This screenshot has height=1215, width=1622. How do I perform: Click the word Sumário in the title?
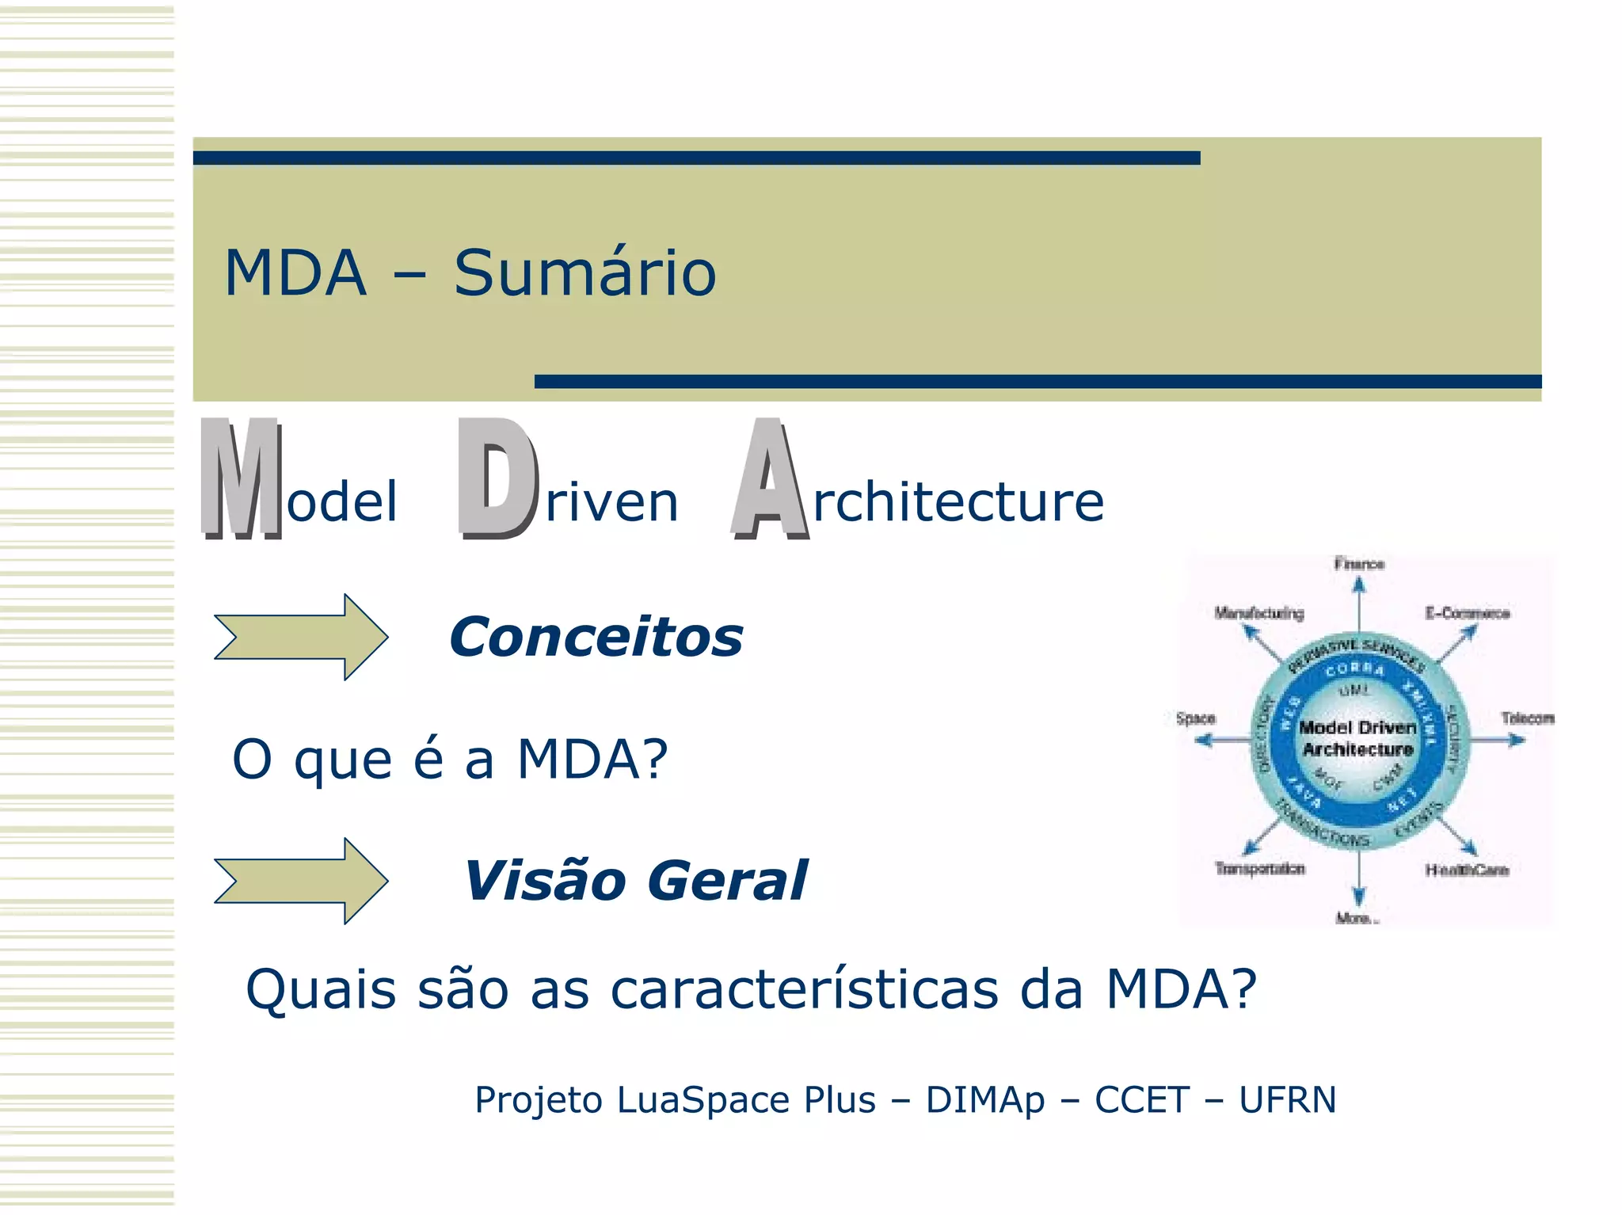pos(584,273)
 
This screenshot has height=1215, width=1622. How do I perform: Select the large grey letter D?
pos(497,478)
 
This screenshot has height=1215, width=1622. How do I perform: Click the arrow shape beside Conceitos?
pos(301,637)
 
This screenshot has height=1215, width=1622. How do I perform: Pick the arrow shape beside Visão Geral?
pos(301,881)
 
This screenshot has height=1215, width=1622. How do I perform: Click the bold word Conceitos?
pos(596,638)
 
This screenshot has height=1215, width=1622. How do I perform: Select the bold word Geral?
pos(728,881)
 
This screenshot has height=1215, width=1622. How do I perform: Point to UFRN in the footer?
pos(1287,1099)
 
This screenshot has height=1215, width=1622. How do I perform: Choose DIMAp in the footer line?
pos(984,1099)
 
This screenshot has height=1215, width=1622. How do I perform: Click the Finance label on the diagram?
pos(1359,564)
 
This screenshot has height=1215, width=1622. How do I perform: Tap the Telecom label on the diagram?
pos(1528,718)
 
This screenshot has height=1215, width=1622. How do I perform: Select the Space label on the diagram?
pos(1195,718)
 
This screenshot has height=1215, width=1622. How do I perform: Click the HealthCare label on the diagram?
pos(1467,870)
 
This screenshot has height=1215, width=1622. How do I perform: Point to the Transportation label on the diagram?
pos(1260,869)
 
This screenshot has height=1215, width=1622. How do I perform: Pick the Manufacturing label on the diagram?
pos(1259,613)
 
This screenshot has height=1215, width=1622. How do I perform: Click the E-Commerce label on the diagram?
pos(1467,613)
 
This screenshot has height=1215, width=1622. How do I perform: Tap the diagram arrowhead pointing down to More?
pos(1359,897)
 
